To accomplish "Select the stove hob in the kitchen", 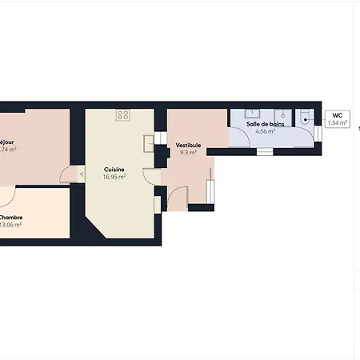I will (123, 115).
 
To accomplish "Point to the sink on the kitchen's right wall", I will (149, 143).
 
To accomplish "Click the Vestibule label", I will (188, 145).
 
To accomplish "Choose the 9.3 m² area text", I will (188, 152).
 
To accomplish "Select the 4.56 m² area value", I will (264, 131).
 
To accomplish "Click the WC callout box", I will (338, 119).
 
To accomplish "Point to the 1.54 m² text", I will (338, 123).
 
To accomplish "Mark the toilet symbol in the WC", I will (307, 119).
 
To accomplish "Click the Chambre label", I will (10, 217).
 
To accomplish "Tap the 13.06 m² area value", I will (10, 225).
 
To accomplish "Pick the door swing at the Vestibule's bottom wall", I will (178, 198).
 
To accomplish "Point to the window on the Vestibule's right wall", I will (211, 192).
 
